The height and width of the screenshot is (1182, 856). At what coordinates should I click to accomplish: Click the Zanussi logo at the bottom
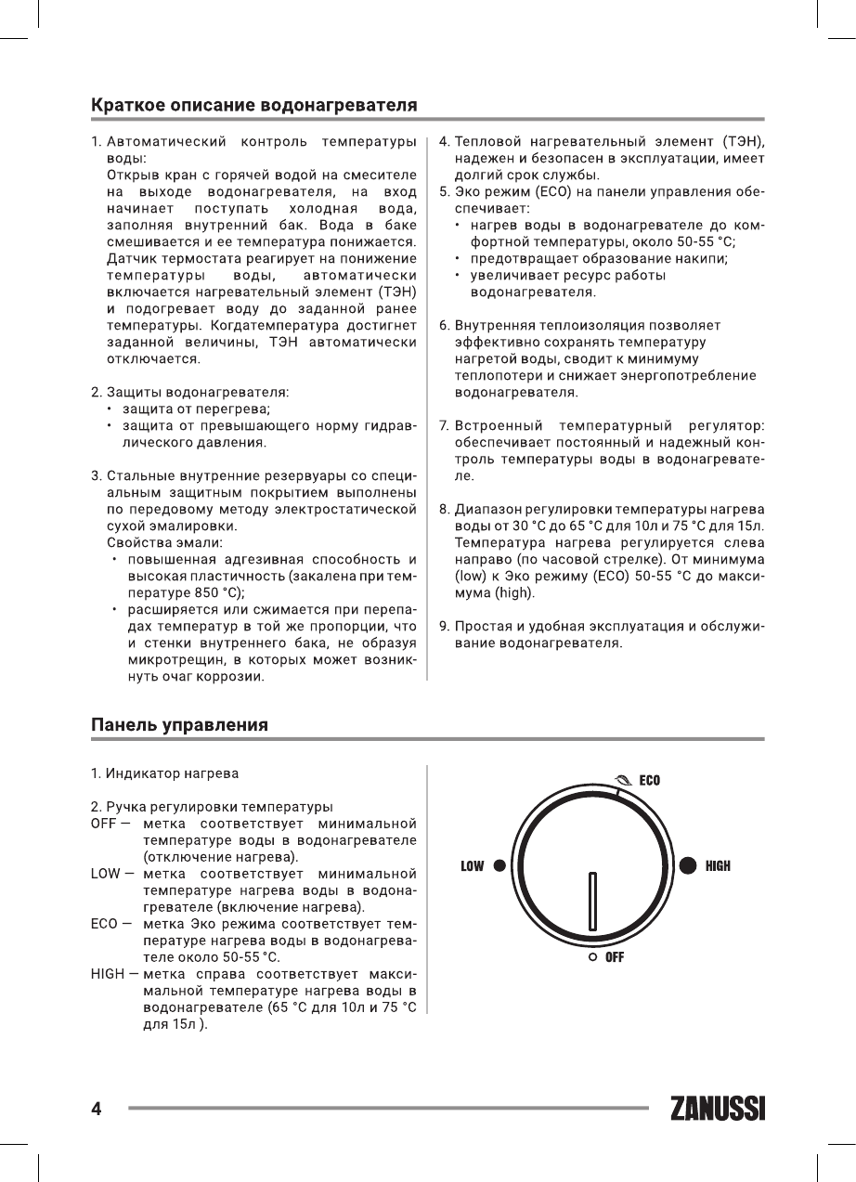tap(717, 1109)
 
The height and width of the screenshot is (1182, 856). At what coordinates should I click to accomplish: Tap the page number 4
tap(96, 1109)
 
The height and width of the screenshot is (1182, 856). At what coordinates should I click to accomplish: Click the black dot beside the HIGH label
tap(688, 865)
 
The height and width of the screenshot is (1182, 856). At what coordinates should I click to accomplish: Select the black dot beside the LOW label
tap(500, 866)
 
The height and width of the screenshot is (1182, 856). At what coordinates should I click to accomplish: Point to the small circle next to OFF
tap(591, 956)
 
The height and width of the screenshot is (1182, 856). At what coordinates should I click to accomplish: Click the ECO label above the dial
tap(649, 780)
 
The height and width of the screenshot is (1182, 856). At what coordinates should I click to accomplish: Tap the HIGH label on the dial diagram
tap(718, 866)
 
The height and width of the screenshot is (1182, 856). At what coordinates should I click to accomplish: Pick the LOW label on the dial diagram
tap(473, 866)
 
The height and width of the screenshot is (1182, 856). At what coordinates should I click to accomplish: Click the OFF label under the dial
tap(615, 956)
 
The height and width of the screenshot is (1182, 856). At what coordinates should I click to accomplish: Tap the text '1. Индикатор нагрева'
tap(164, 773)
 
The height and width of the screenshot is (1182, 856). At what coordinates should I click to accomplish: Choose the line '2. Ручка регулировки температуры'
tap(212, 806)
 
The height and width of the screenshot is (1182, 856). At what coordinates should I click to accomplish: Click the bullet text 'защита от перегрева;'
tap(198, 409)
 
